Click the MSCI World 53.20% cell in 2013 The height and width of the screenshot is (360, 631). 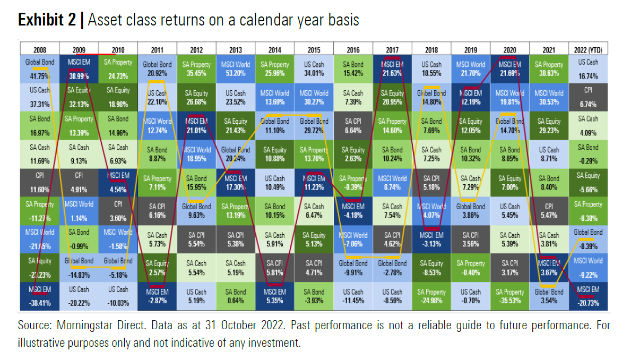pyautogui.click(x=236, y=68)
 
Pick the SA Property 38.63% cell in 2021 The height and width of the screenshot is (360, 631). pyautogui.click(x=549, y=68)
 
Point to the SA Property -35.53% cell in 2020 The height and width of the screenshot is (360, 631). pyautogui.click(x=509, y=296)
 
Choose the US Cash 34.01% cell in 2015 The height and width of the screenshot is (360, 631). pyautogui.click(x=314, y=68)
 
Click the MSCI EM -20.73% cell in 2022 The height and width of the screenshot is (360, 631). pyautogui.click(x=589, y=296)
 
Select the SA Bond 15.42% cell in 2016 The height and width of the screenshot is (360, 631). pyautogui.click(x=353, y=68)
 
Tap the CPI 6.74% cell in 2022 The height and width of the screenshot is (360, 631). pyautogui.click(x=589, y=96)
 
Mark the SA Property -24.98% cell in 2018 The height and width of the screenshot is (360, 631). pyautogui.click(x=431, y=296)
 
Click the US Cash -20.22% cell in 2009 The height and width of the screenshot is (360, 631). pyautogui.click(x=79, y=296)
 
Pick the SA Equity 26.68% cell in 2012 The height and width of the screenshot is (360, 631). pyautogui.click(x=196, y=96)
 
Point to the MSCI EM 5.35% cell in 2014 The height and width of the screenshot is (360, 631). pyautogui.click(x=275, y=296)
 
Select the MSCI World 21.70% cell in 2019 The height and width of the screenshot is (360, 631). pyautogui.click(x=470, y=68)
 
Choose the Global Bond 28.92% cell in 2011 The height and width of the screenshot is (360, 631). pyautogui.click(x=157, y=68)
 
